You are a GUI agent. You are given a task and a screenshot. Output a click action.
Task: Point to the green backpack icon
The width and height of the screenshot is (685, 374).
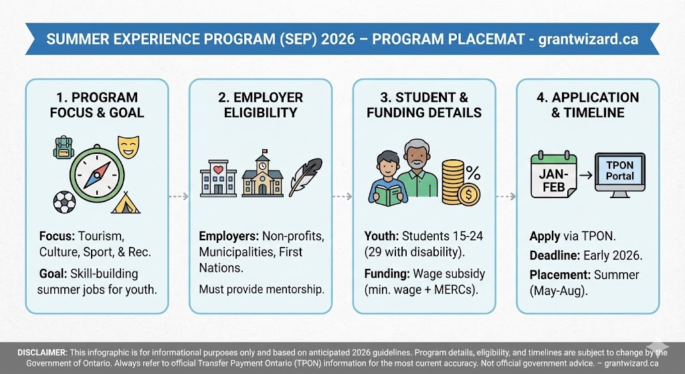tap(64, 147)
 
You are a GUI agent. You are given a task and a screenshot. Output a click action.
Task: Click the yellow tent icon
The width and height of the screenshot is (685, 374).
tap(126, 202)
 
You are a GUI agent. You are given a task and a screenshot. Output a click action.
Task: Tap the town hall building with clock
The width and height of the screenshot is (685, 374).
tap(262, 175)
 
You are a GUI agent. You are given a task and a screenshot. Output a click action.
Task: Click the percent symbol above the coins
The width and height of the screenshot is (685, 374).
tap(473, 173)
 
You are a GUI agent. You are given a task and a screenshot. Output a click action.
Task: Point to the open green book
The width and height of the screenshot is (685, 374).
tap(387, 194)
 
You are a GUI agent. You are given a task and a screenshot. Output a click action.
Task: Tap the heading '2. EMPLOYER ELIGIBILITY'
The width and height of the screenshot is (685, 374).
tap(260, 104)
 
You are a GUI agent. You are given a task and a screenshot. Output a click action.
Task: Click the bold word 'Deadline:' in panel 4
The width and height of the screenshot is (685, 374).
tap(555, 256)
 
